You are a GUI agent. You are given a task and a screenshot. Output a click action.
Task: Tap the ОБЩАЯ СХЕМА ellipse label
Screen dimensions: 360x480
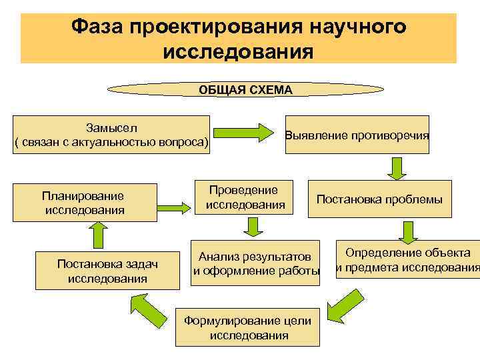pyautogui.click(x=245, y=89)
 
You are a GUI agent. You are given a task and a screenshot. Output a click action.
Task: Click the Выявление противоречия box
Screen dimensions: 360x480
pyautogui.click(x=357, y=135)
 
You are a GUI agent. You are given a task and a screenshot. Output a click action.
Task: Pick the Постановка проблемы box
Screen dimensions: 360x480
pyautogui.click(x=379, y=199)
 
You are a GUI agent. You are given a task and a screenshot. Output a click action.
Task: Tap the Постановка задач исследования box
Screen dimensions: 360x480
pyautogui.click(x=107, y=271)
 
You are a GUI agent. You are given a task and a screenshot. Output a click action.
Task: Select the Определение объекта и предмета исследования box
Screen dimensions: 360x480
pyautogui.click(x=407, y=260)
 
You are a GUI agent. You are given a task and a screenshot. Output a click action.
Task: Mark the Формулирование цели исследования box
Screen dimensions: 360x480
pyautogui.click(x=248, y=327)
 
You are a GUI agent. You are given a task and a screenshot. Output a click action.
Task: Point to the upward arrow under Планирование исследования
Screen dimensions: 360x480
pyautogui.click(x=97, y=236)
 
